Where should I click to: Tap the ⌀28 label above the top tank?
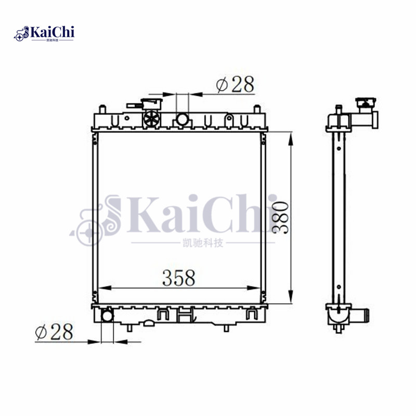[x=236, y=84]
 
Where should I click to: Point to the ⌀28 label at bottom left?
[x=54, y=332]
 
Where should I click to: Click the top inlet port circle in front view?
[x=182, y=120]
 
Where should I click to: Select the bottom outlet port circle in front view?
[x=107, y=316]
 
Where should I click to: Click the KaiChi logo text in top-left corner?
[x=52, y=33]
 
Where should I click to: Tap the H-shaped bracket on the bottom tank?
[x=185, y=315]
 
